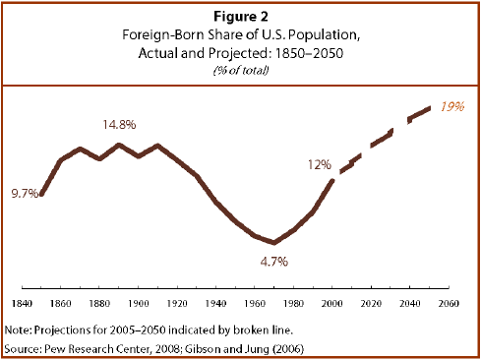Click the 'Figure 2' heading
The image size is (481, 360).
pos(240,17)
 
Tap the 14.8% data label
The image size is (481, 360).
pos(119,126)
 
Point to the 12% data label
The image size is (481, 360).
pos(319,165)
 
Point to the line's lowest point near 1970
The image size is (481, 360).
pos(275,243)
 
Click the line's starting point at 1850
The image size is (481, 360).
pos(40,194)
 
